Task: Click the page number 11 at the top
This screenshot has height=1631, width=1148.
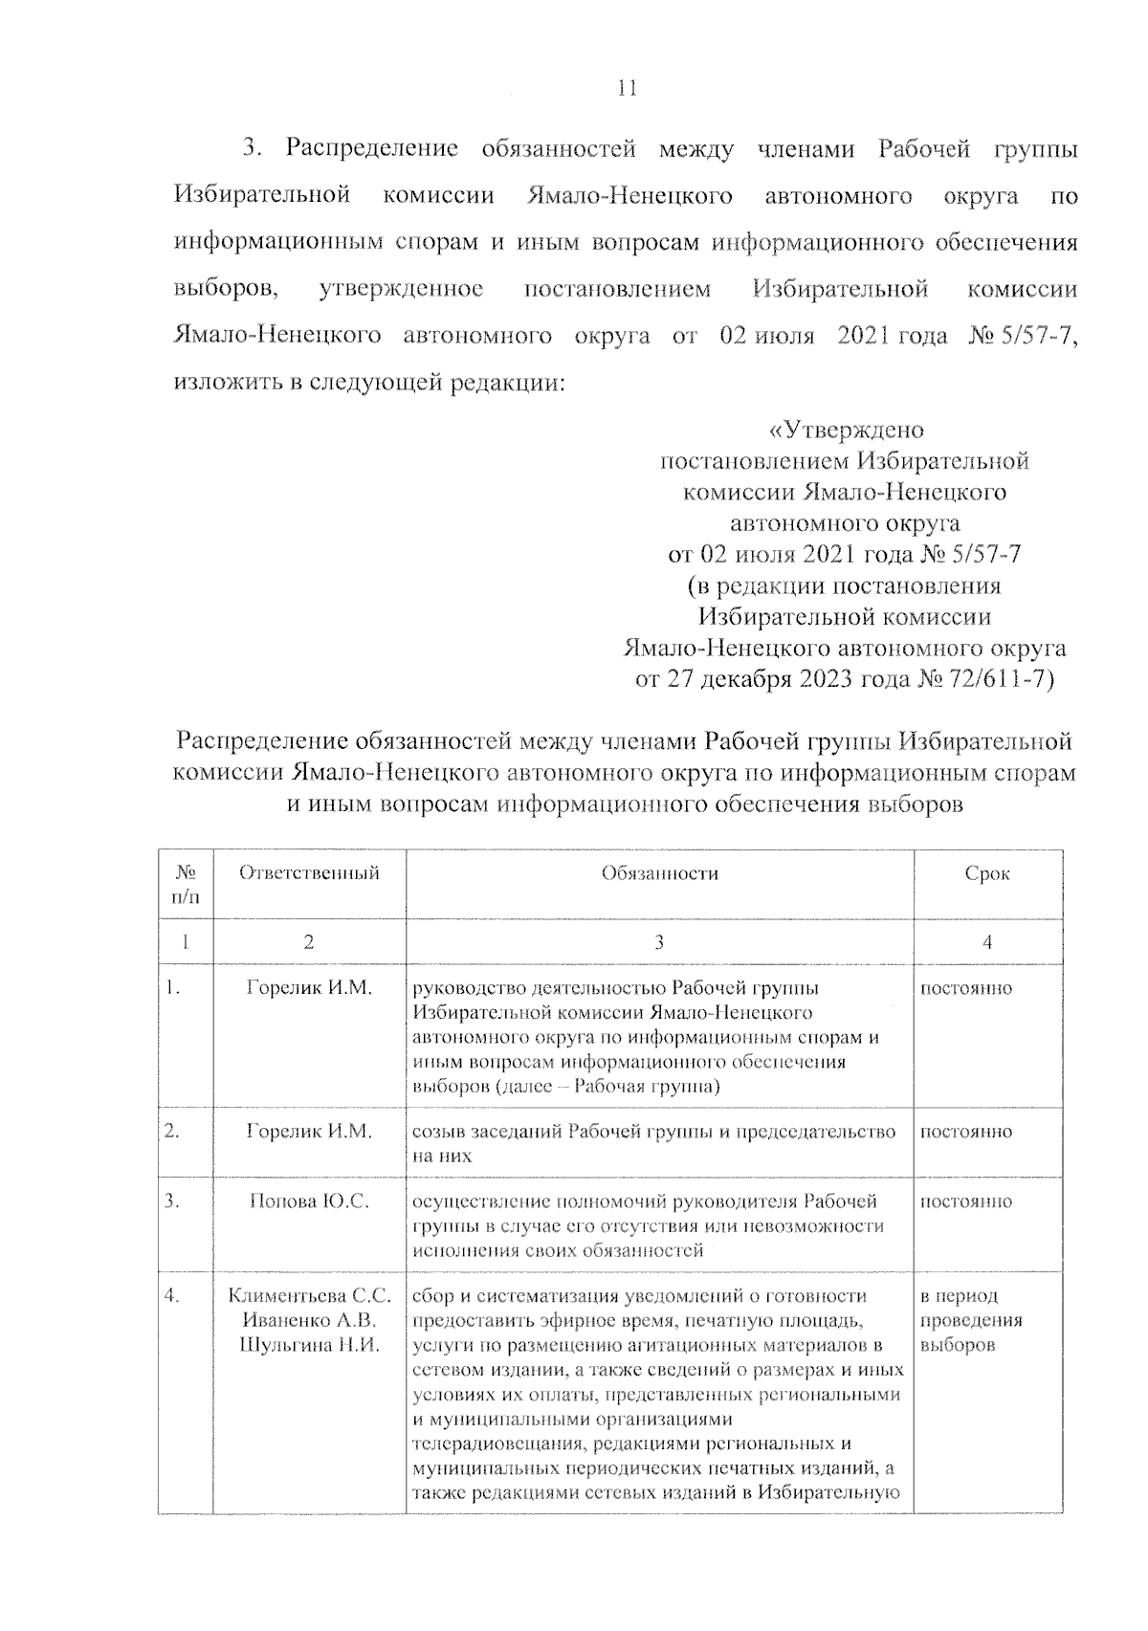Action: pyautogui.click(x=627, y=88)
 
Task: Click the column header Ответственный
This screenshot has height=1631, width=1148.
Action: pyautogui.click(x=308, y=872)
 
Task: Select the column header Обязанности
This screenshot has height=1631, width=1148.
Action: pyautogui.click(x=659, y=872)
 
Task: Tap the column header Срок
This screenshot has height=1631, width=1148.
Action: pyautogui.click(x=987, y=872)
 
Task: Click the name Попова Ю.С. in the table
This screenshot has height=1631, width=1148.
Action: pyautogui.click(x=308, y=1201)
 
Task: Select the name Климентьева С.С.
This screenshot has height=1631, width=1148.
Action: pyautogui.click(x=308, y=1296)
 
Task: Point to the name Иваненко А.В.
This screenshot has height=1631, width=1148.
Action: pyautogui.click(x=308, y=1321)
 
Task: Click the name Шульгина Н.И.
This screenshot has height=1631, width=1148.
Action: pyautogui.click(x=308, y=1346)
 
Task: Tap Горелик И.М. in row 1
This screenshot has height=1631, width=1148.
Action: pyautogui.click(x=308, y=988)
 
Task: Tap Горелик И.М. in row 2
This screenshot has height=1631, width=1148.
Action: pyautogui.click(x=308, y=1131)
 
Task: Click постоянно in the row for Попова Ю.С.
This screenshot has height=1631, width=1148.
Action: pyautogui.click(x=966, y=1201)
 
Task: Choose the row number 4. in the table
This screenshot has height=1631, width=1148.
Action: pyautogui.click(x=173, y=1296)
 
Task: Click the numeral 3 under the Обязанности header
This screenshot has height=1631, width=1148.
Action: pyautogui.click(x=659, y=942)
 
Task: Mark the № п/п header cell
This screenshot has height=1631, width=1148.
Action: pyautogui.click(x=186, y=884)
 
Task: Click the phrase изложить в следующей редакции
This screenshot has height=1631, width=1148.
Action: pyautogui.click(x=369, y=383)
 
